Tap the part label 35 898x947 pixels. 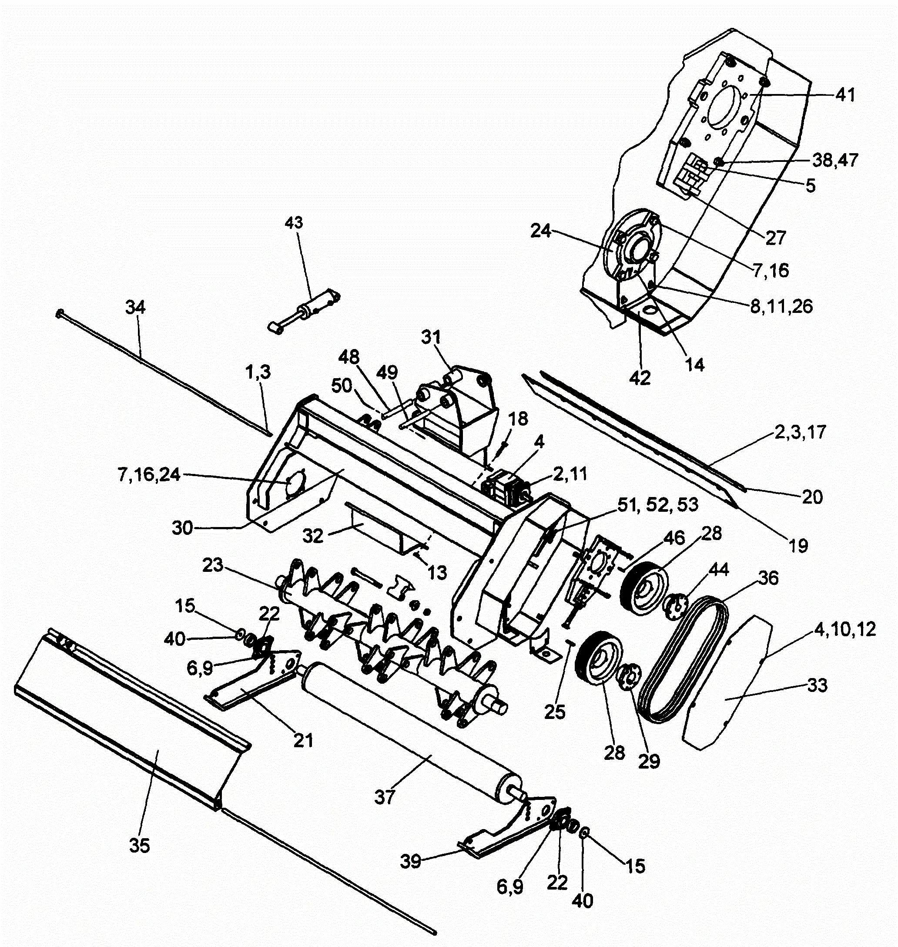[140, 846]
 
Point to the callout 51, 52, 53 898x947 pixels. [658, 505]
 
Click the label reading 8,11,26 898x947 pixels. [781, 306]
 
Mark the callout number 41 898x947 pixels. [845, 95]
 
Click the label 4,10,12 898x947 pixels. [845, 629]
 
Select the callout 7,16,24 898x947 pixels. [149, 474]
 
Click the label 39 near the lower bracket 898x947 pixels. [410, 861]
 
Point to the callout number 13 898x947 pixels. [437, 572]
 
